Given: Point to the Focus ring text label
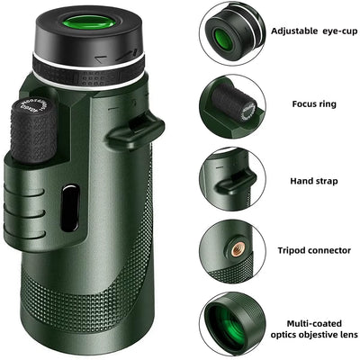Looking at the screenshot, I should [315, 103].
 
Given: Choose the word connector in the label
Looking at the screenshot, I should [332, 250].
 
